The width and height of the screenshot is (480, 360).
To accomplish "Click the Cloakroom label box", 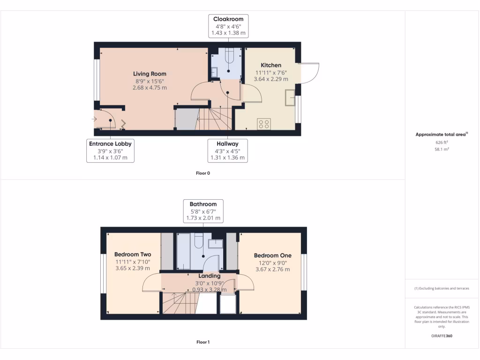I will pos(228,26).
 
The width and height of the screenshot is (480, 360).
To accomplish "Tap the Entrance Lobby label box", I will pos(110,150).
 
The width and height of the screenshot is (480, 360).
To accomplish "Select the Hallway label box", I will pos(227,150).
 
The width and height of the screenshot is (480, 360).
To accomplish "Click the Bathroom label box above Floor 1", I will pos(203,211).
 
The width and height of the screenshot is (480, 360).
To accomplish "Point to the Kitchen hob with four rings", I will pos(264,124).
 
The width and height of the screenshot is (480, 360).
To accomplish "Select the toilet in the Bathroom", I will pos(198,241).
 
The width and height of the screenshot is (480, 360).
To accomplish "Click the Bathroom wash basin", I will pos(216,243).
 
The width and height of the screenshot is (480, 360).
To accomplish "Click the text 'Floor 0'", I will pos(203,173).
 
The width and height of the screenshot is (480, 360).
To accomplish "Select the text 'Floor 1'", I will pos(203,342).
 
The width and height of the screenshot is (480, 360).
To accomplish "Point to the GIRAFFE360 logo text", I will pos(442,336).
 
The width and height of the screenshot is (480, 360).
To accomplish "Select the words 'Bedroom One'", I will pos(272,255).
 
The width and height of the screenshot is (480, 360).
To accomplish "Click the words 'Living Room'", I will pos(150,74).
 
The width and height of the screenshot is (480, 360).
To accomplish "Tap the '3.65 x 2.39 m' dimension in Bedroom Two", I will pos(133,269).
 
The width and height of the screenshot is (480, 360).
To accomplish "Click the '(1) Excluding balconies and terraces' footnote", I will pos(442,288).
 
